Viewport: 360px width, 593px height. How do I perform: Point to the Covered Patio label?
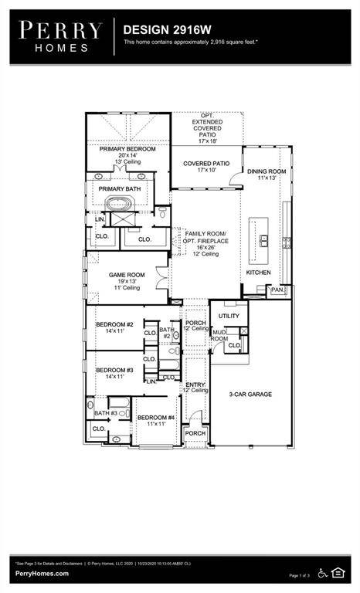click(x=205, y=164)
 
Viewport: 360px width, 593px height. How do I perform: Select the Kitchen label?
click(x=258, y=273)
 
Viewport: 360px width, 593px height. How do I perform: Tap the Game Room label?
click(x=124, y=275)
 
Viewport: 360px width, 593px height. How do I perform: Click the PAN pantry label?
click(x=277, y=290)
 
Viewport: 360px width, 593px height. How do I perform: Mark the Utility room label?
click(x=229, y=316)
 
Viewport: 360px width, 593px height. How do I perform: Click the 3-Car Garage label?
click(x=250, y=395)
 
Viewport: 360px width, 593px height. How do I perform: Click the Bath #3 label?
click(x=106, y=413)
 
